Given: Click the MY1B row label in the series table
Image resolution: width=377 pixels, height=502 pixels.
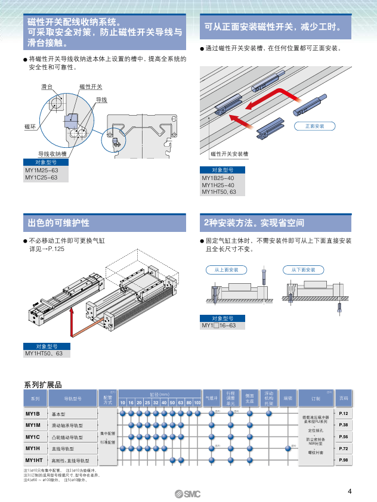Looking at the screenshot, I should click(x=33, y=414).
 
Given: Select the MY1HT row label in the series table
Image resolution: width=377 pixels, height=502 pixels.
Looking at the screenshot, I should click(x=35, y=460).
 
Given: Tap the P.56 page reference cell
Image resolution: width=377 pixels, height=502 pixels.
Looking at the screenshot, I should click(x=344, y=437).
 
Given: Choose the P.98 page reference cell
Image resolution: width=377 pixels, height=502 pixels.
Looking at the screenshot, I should click(x=344, y=460).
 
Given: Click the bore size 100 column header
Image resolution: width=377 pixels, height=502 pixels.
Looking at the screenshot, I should click(x=197, y=403).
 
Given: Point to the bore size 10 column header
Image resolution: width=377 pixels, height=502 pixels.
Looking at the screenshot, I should click(x=123, y=403).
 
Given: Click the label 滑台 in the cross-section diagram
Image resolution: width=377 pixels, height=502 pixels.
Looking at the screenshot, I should click(x=47, y=88).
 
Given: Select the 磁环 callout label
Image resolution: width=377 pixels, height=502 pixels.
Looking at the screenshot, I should click(x=30, y=127).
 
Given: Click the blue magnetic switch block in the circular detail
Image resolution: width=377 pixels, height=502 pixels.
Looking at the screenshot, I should click(x=72, y=119).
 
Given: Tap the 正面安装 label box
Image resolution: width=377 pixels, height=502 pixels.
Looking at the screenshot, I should click(x=314, y=126).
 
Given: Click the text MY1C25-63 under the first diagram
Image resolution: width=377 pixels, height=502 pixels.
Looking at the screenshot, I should click(x=42, y=178).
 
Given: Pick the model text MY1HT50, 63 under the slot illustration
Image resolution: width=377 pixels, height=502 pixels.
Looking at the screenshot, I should click(x=220, y=192).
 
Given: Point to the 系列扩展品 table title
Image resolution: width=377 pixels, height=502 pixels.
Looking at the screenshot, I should click(x=42, y=384).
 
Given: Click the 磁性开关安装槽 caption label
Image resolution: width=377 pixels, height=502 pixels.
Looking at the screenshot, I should click(x=229, y=154).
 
